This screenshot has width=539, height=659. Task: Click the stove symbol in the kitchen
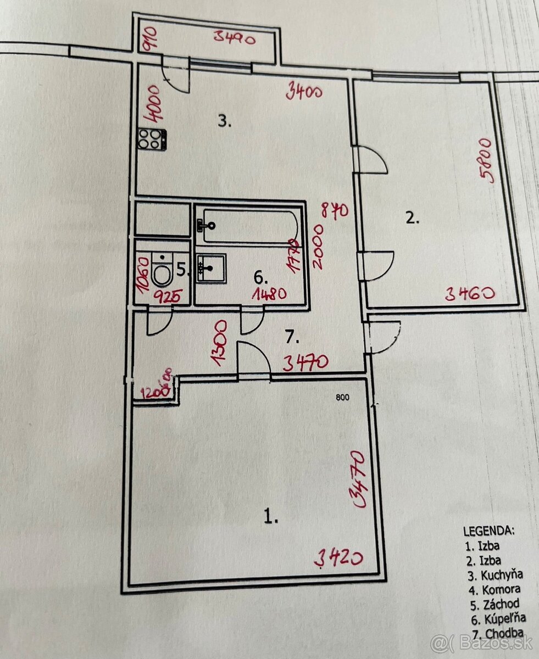point(152,138)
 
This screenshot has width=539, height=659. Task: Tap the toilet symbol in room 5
point(162,270)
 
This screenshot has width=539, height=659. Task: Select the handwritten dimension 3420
point(338,559)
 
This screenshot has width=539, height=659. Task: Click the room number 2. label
point(412,219)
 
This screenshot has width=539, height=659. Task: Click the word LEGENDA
point(489,531)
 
